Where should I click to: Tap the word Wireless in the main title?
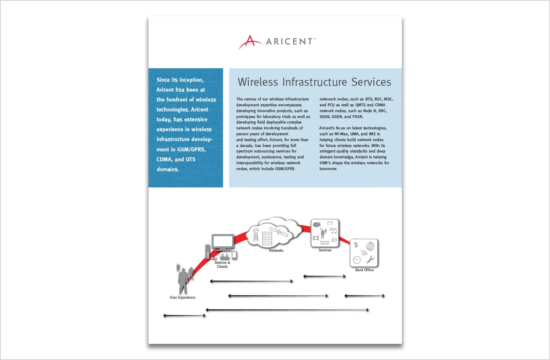[x=258, y=82]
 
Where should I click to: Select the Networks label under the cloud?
[x=276, y=251]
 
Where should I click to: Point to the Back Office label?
[x=364, y=270]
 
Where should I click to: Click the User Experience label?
[x=183, y=298]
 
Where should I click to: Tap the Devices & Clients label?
[x=222, y=265]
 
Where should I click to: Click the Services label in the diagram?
[x=325, y=250]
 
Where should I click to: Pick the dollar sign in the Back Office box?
[x=356, y=245]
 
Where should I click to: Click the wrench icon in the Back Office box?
[x=370, y=260]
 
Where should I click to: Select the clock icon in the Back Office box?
[x=356, y=260]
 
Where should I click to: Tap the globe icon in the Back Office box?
[x=370, y=246]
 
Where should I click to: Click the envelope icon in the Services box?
[x=330, y=223]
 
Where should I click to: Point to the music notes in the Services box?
[x=333, y=231]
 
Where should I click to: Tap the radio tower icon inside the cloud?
[x=256, y=235]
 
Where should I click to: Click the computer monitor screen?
[x=223, y=242]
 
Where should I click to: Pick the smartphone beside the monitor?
[x=234, y=255]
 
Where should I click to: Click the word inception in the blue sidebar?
[x=191, y=80]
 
